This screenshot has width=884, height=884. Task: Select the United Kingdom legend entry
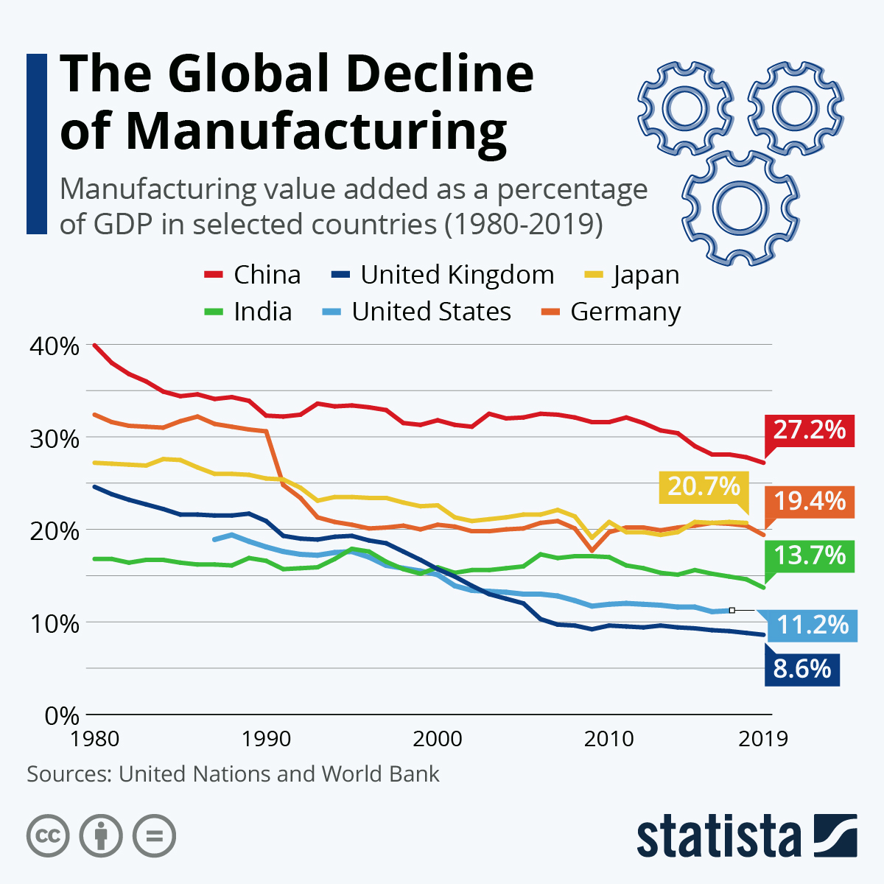443,275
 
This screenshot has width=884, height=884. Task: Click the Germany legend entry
611,312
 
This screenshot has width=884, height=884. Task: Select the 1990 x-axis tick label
267,738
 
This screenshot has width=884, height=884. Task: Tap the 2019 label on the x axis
763,738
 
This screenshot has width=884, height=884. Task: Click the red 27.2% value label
809,429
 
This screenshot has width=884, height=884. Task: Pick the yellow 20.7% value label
704,487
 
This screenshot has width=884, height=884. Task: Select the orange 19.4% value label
809,502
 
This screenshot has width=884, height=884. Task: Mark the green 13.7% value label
809,555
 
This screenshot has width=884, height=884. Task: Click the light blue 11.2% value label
812,625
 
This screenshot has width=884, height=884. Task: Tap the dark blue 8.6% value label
801,669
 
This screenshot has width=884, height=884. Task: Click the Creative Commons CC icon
48,836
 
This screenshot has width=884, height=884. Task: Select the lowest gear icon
740,207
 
